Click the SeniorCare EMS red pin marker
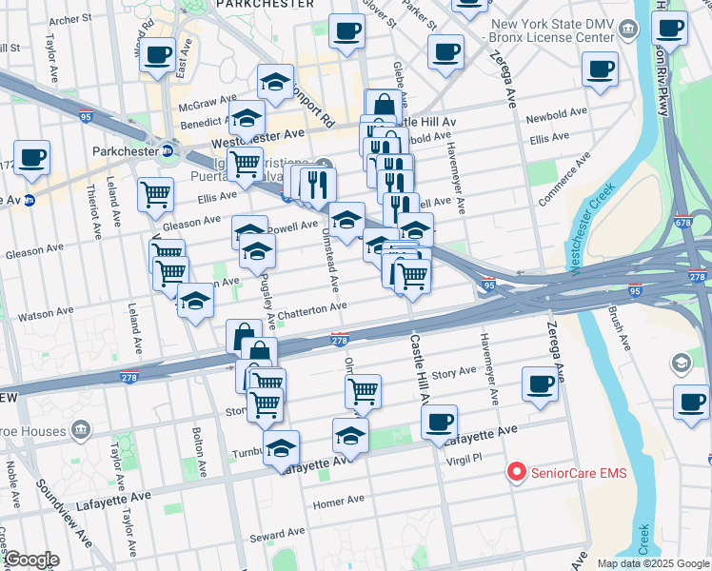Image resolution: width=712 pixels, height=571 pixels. pyautogui.click(x=517, y=471)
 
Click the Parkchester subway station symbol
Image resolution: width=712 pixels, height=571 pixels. pyautogui.click(x=168, y=150)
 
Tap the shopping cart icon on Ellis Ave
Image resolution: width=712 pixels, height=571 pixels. pyautogui.click(x=155, y=195)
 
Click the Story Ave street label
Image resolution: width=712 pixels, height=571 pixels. pyautogui.click(x=454, y=372)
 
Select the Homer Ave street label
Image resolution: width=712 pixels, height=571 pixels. pyautogui.click(x=339, y=501)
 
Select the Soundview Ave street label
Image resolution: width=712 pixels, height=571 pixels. pyautogui.click(x=68, y=515)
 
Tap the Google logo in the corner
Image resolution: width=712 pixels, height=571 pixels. pyautogui.click(x=30, y=560)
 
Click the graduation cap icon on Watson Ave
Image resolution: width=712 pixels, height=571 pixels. pyautogui.click(x=195, y=301)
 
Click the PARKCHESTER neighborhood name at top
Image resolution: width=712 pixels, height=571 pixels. pyautogui.click(x=266, y=5)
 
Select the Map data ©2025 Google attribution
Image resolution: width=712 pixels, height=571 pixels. pyautogui.click(x=652, y=563)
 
